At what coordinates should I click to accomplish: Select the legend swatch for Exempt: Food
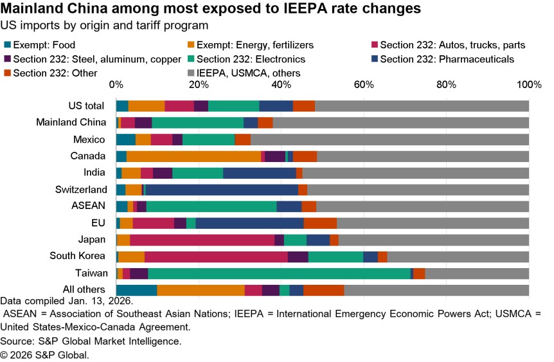7,45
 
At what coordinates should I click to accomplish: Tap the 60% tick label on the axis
364,85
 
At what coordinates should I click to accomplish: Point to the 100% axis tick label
528,85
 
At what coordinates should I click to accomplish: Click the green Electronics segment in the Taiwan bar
279,273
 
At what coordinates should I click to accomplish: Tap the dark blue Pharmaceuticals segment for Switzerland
222,190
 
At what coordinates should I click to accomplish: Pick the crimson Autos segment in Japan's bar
202,240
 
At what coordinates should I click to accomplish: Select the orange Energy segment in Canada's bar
193,156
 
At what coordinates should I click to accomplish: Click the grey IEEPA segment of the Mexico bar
389,140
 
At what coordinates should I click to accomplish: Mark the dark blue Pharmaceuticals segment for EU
249,223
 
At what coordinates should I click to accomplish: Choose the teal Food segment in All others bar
136,290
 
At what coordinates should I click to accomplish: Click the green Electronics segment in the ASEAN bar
211,206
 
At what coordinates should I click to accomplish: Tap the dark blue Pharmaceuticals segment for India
259,173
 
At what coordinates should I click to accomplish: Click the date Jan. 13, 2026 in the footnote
102,301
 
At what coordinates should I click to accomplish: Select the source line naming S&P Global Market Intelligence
91,341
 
